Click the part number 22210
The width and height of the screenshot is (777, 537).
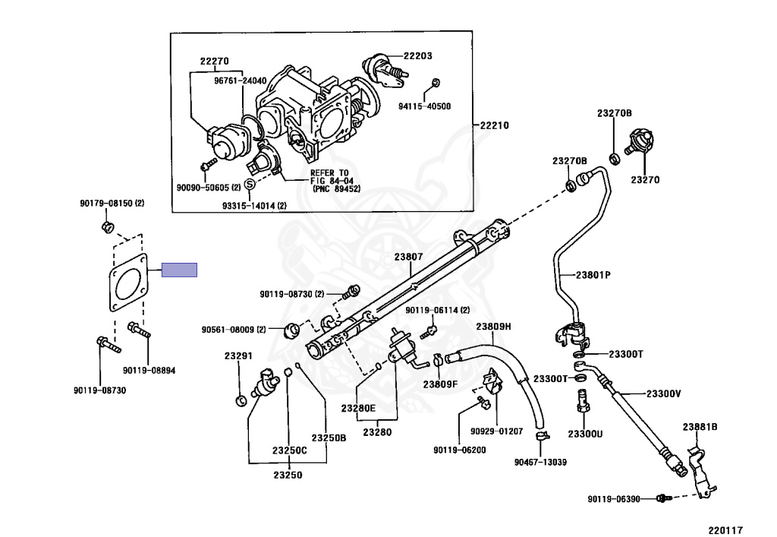[494, 125]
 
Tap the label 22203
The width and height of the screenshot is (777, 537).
[417, 55]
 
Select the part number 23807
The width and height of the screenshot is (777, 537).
[409, 257]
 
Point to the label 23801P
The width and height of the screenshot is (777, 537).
[593, 275]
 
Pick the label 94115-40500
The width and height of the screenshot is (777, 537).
[425, 106]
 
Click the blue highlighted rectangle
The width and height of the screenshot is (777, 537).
[179, 270]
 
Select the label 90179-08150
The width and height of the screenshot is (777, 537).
[106, 204]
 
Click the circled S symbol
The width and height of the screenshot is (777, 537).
[250, 184]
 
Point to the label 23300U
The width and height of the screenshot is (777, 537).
[585, 434]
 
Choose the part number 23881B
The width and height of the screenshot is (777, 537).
[700, 427]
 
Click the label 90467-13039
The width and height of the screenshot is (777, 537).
[540, 462]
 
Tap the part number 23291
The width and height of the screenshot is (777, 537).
[238, 356]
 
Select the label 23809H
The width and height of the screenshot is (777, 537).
[493, 327]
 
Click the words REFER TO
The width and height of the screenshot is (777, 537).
[329, 173]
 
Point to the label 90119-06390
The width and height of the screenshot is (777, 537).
[614, 499]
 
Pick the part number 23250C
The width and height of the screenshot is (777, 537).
[289, 450]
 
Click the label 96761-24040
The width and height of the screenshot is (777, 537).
[241, 81]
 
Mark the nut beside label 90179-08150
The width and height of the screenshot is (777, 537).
[108, 228]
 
